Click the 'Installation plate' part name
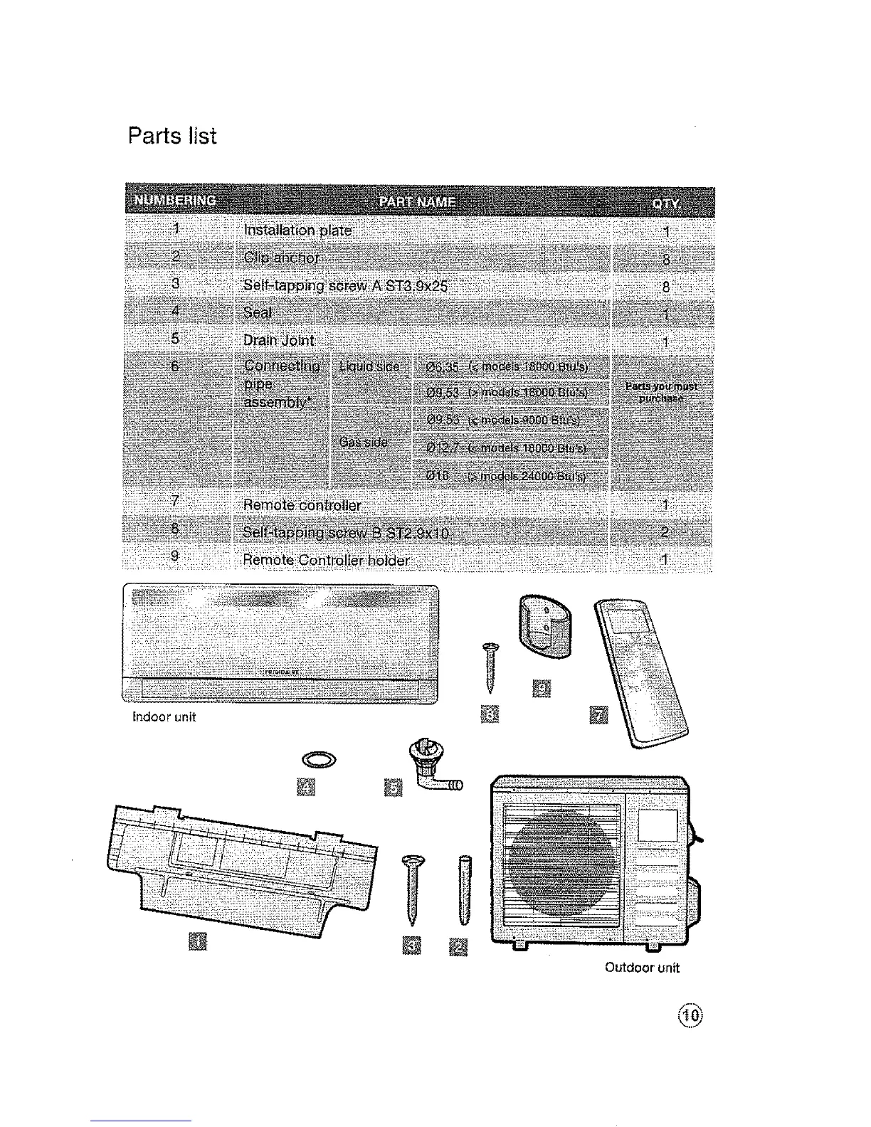297,231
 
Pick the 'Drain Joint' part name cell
278,340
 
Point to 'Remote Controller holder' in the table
326,560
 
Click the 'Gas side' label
364,442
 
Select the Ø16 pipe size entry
437,475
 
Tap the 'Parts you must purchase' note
661,392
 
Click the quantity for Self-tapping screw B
665,532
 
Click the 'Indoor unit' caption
164,717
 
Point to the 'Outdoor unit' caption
642,968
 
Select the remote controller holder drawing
545,623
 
